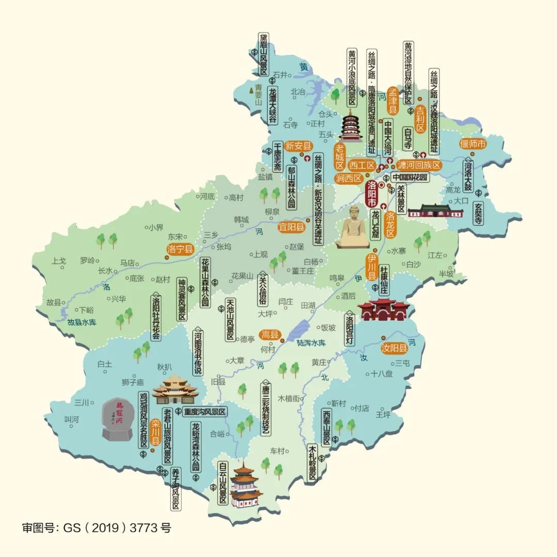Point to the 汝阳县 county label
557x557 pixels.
click(395, 348)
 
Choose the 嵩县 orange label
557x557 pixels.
click(269, 335)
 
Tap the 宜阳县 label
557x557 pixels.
click(291, 227)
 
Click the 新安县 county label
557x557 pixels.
click(299, 145)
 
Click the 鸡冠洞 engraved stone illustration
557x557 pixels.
click(119, 419)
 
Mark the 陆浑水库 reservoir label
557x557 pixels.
click(312, 342)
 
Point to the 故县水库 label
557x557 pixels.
click(82, 322)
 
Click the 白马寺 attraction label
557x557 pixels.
click(407, 138)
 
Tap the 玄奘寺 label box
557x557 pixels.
click(478, 212)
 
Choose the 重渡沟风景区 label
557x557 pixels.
click(205, 412)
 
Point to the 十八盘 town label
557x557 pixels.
click(382, 374)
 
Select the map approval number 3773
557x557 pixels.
click(144, 528)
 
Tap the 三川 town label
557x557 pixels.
click(82, 402)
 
